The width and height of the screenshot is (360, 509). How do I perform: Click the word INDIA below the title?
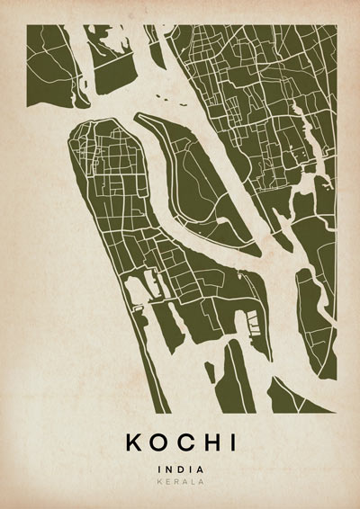pyautogui.click(x=180, y=469)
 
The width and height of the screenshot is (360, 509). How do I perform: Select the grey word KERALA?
pyautogui.click(x=180, y=482)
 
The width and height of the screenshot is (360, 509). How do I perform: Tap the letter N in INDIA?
pyautogui.click(x=168, y=469)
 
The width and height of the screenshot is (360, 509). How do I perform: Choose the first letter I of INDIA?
pyautogui.click(x=158, y=469)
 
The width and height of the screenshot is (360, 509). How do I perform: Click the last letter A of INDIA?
pyautogui.click(x=201, y=469)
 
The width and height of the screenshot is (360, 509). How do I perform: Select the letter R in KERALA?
pyautogui.click(x=177, y=482)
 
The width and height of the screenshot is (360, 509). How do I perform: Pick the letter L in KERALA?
pyautogui.click(x=191, y=482)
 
